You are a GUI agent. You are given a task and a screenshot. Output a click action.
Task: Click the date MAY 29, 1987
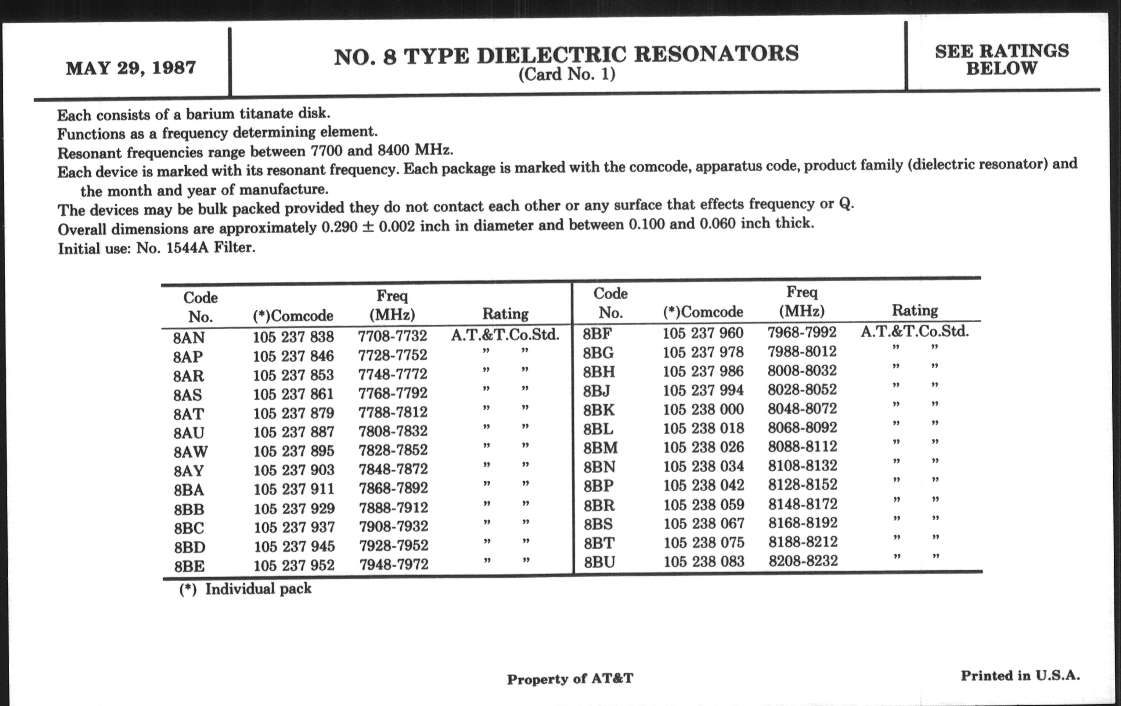pos(131,68)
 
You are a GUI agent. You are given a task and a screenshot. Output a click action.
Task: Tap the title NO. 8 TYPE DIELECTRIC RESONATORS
pos(566,55)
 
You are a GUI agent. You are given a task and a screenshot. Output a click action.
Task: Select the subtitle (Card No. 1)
pos(566,75)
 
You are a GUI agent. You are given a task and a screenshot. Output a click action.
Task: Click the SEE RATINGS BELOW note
pos(1002,60)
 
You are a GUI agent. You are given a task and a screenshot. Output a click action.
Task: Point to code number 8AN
pos(189,338)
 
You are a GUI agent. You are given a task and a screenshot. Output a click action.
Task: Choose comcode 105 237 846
pos(293,357)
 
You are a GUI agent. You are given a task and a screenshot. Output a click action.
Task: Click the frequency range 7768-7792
pos(392,393)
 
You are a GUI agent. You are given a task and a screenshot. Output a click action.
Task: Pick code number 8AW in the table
pos(191,452)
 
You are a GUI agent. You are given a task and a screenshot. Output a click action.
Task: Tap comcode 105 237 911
pos(294,489)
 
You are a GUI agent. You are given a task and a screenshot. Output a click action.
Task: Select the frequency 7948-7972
pos(393,565)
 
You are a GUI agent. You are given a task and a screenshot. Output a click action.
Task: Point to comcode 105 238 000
pos(703,409)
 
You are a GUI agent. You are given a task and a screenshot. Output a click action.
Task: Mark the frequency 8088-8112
pos(802,446)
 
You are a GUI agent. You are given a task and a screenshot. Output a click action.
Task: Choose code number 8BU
pos(600,562)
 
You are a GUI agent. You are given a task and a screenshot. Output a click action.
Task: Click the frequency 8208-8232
pos(803,561)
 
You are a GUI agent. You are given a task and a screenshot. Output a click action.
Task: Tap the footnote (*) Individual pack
pos(245,589)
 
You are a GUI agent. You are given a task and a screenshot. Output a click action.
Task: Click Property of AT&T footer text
pos(570,679)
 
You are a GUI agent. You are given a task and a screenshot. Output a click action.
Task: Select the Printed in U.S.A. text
pos(1020,676)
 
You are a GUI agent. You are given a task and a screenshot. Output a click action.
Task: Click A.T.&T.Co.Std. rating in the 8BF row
pos(914,332)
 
